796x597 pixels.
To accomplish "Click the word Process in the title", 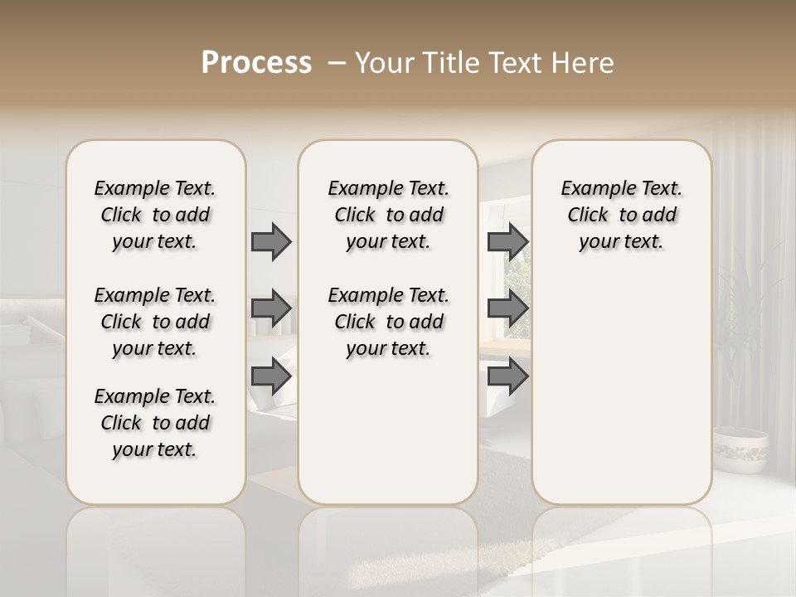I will pyautogui.click(x=256, y=63).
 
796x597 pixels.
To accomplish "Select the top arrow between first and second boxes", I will pyautogui.click(x=271, y=241).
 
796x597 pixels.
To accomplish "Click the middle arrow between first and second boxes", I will pyautogui.click(x=271, y=308).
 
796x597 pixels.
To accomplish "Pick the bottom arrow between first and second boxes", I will pyautogui.click(x=271, y=376).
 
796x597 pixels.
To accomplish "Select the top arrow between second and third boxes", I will pyautogui.click(x=507, y=241).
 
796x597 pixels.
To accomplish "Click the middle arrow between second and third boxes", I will pyautogui.click(x=507, y=308).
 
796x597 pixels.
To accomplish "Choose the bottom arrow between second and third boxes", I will pyautogui.click(x=507, y=376).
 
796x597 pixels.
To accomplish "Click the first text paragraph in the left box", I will pyautogui.click(x=155, y=215).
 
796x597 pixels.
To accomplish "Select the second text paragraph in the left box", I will pyautogui.click(x=155, y=322).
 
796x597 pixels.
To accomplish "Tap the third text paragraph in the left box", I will pyautogui.click(x=155, y=423).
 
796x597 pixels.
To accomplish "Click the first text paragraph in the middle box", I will pyautogui.click(x=388, y=215).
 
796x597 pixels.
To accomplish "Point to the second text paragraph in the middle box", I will pyautogui.click(x=388, y=322).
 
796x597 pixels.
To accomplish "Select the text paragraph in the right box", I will pyautogui.click(x=621, y=215).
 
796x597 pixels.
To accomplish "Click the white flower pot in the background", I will pyautogui.click(x=740, y=449).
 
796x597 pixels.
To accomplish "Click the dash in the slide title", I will pyautogui.click(x=337, y=63).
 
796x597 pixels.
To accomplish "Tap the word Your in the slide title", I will pyautogui.click(x=382, y=63).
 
